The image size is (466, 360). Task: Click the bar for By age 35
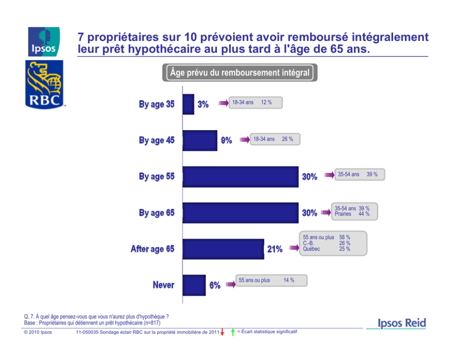pos(188,104)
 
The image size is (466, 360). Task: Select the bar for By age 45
pos(200,141)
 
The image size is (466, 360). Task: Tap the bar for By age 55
pos(240,177)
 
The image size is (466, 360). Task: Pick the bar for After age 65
pos(223,249)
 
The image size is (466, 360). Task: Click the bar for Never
pos(194,285)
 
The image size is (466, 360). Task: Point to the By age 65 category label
pos(156,213)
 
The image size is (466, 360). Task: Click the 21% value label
pos(275,250)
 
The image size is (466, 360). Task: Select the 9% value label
pos(226,141)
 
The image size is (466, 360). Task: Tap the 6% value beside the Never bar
pos(215,285)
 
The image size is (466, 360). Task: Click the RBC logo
pos(44,85)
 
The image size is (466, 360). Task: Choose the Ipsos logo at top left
pos(44,41)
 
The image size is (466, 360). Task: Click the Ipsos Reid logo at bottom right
pos(402,323)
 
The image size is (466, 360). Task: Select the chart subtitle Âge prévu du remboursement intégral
pos(240,73)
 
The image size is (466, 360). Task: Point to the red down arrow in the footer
pos(222,333)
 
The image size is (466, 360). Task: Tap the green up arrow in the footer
pos(233,333)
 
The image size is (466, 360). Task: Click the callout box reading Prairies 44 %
pos(352,211)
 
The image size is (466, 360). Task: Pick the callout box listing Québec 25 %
pos(333,243)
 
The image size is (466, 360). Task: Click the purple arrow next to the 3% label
pos(223,103)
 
